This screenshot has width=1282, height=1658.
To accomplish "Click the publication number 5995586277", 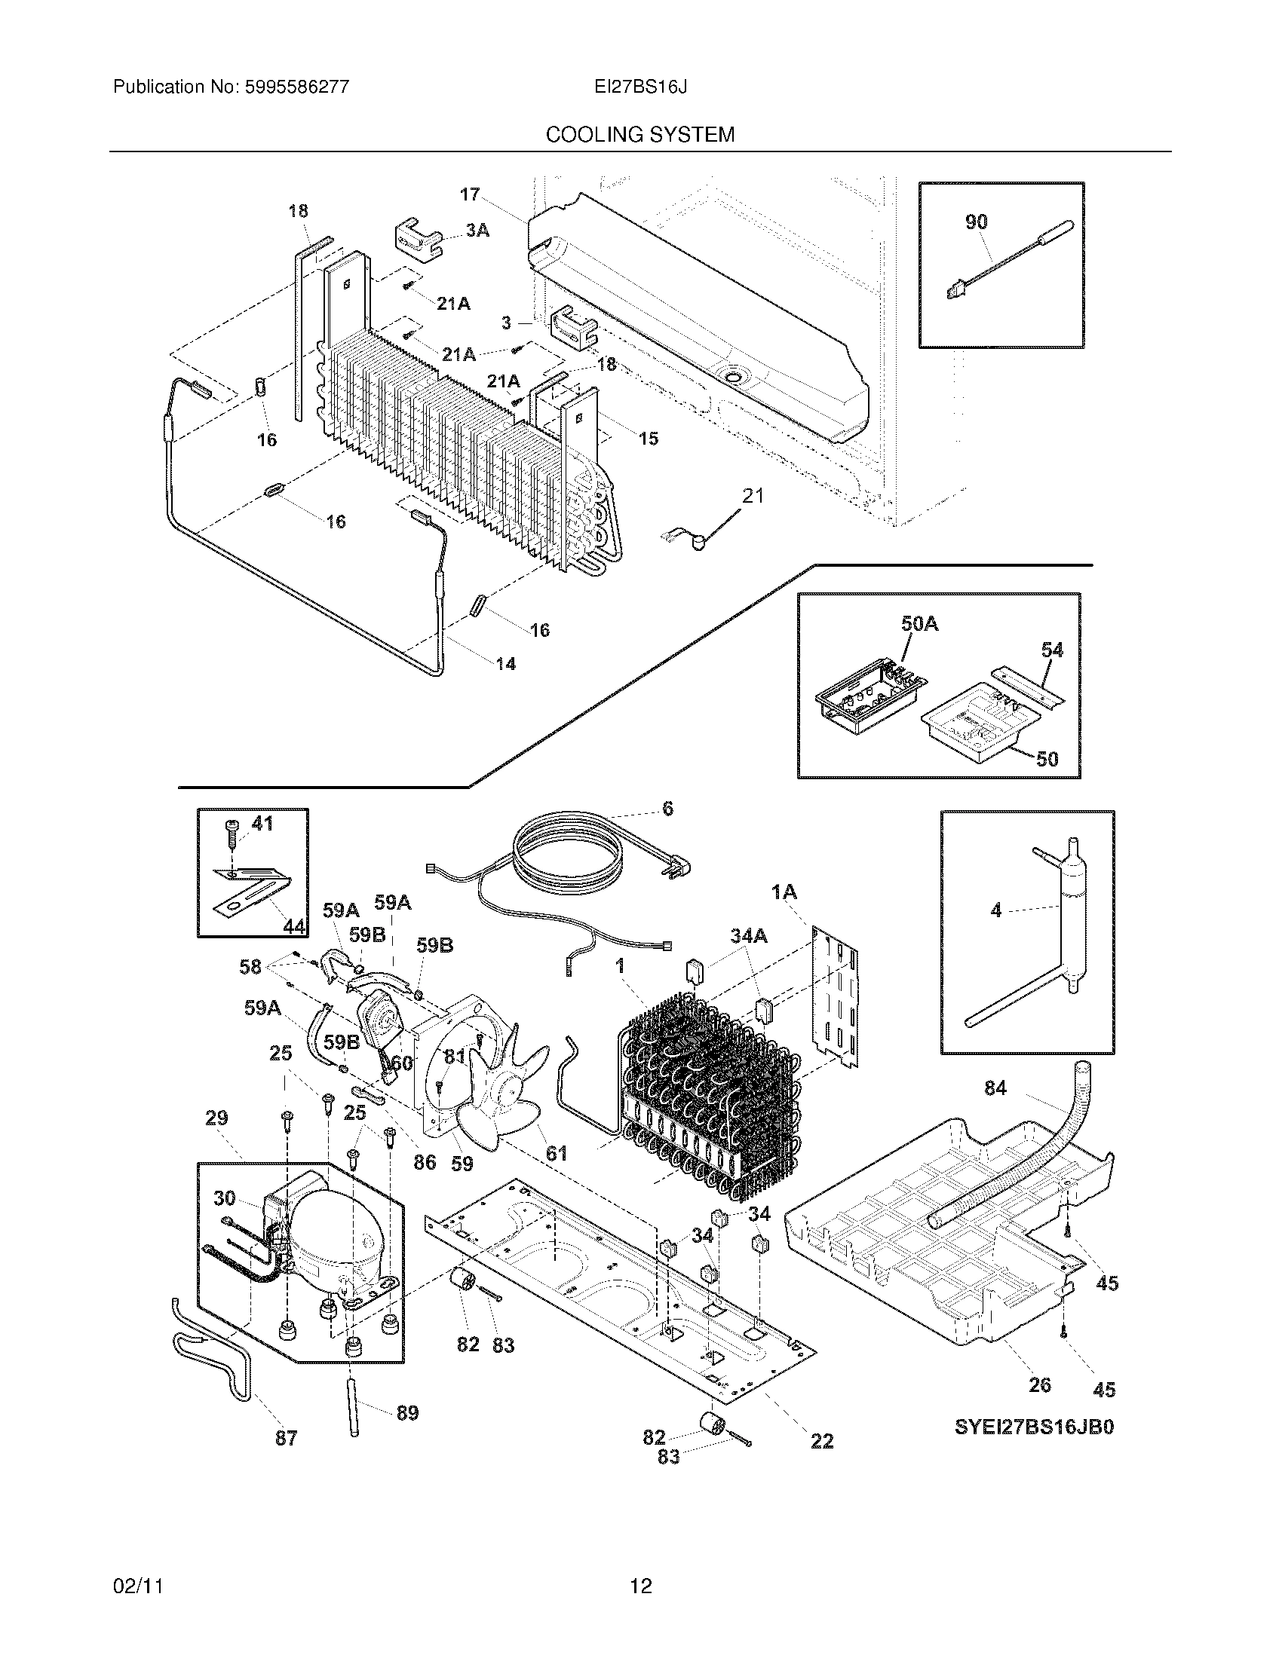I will coord(297,87).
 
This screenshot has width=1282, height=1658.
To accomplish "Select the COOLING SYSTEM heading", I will coord(640,135).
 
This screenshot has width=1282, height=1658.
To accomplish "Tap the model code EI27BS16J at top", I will coord(640,87).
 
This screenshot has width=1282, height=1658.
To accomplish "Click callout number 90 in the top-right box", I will coord(976,222).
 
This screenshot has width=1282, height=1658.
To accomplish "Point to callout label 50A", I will coord(919,624).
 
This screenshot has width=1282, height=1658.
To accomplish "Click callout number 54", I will coord(1052,650).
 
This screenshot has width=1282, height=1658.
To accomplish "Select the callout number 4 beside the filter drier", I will coord(996,910).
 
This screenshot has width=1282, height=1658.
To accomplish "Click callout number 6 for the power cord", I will coord(667,809).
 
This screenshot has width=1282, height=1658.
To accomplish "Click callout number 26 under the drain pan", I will coord(1040,1384).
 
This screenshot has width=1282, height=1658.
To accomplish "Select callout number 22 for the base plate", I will coord(822,1440).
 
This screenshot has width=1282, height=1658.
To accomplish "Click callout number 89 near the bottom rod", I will coord(407,1412).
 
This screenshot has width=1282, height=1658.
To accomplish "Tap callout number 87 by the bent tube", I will coord(286,1437).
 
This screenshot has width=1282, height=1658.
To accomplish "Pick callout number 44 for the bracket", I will coord(294,926).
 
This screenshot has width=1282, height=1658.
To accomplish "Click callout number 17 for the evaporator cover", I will coord(469,194).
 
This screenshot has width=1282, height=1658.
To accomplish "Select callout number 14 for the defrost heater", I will coord(505,664).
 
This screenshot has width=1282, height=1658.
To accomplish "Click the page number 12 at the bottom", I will coord(640,1586).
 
